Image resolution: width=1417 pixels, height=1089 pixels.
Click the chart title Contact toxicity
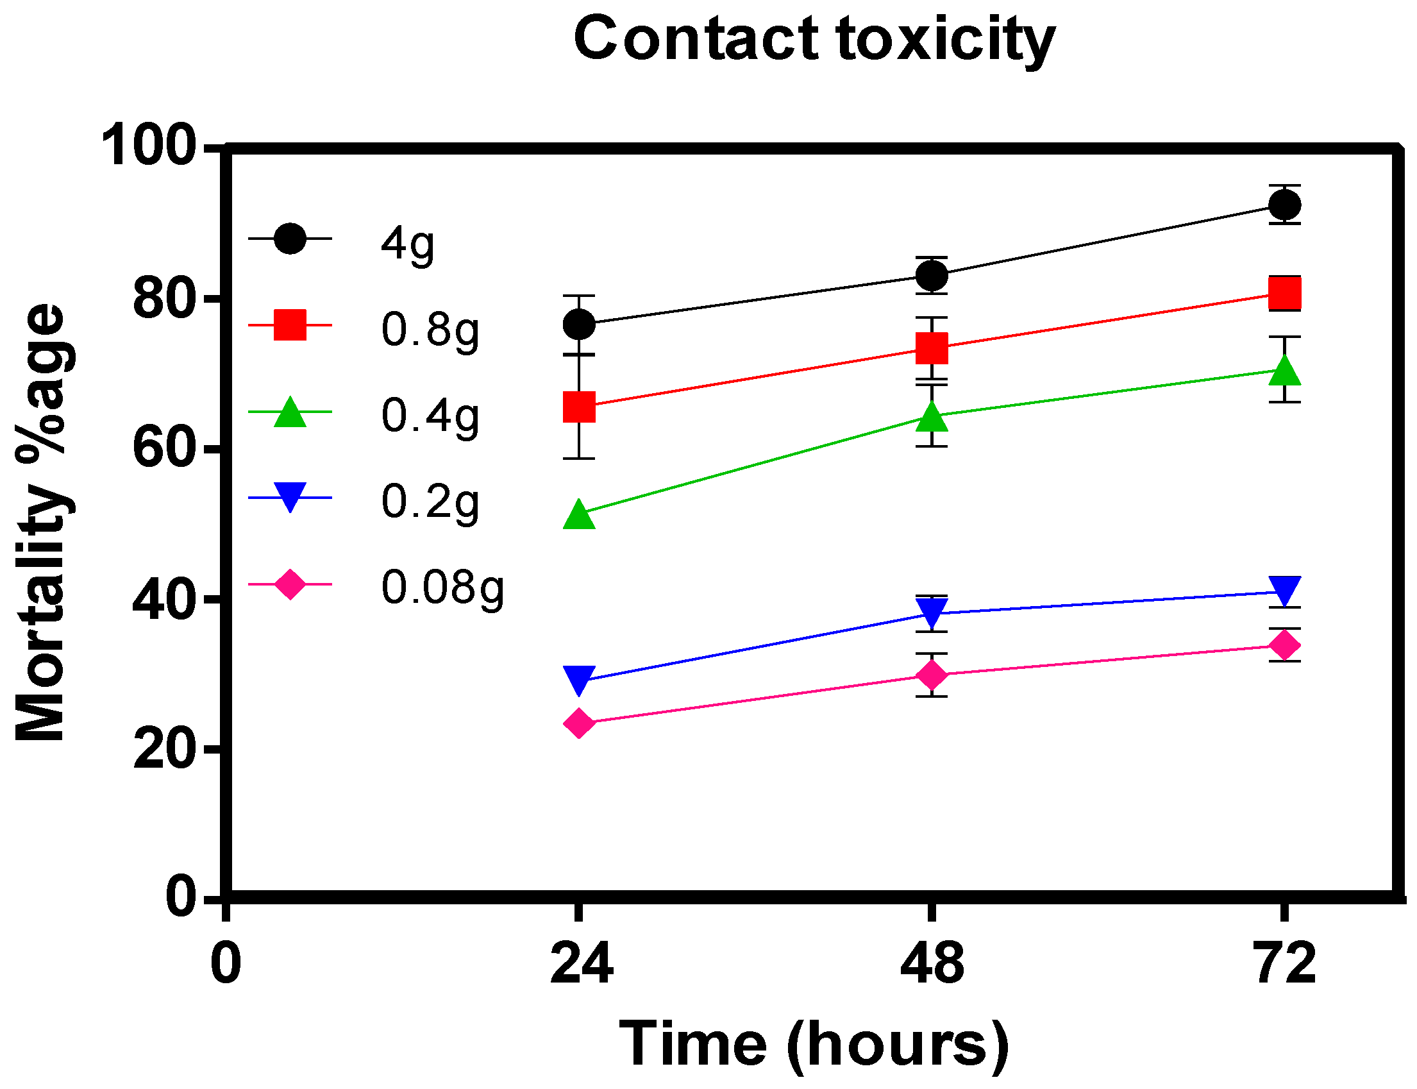(x=814, y=40)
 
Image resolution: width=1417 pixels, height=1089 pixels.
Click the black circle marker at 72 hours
(x=1284, y=205)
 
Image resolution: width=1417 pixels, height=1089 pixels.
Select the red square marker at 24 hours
(x=579, y=407)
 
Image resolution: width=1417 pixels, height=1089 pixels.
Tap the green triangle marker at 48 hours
(x=932, y=417)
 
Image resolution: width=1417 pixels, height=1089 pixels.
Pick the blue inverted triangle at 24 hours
(x=579, y=679)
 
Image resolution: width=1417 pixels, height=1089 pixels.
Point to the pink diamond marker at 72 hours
(x=1284, y=646)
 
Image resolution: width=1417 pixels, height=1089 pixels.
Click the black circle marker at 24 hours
(x=579, y=324)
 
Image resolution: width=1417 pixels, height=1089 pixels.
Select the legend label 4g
(x=408, y=245)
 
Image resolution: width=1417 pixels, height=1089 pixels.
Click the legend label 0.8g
(x=430, y=330)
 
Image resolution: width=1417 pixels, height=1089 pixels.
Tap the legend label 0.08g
(x=442, y=589)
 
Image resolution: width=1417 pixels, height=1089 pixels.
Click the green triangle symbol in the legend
(x=290, y=413)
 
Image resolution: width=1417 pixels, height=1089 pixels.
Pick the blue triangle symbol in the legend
(x=290, y=496)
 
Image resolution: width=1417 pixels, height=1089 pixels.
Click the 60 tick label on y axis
(x=164, y=448)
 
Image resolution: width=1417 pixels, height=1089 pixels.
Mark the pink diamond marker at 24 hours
(x=579, y=723)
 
